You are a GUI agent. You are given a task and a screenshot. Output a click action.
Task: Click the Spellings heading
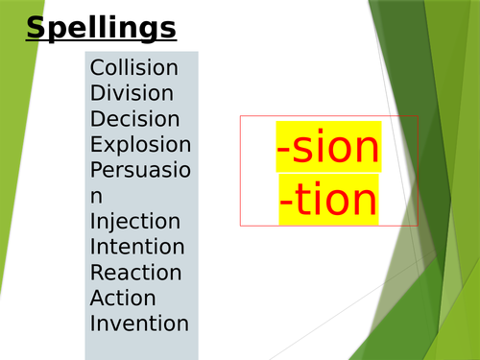pos(101,28)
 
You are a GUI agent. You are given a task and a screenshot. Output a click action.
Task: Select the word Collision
pos(133,68)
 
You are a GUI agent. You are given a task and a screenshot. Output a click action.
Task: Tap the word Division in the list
pos(132,93)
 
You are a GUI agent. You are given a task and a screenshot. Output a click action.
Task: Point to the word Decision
pos(134,119)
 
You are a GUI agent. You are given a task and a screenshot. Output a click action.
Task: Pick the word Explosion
pos(140,145)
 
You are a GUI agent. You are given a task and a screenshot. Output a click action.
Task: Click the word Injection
pos(134,222)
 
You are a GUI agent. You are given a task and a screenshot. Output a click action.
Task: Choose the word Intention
pos(137,247)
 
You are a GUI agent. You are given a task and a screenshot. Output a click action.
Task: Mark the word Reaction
pos(135,273)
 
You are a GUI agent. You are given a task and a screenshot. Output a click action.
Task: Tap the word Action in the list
pos(123,298)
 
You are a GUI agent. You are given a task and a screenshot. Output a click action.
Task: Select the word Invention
pos(139,324)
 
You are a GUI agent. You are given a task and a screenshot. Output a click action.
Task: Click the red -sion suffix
pos(328,148)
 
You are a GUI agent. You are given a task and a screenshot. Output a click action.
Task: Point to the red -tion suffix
pos(328,200)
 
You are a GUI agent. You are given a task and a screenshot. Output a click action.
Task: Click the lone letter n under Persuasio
pos(96,197)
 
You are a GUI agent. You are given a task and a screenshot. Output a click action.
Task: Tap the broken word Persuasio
pos(140,170)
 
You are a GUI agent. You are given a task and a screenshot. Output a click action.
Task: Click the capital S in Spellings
pos(37,28)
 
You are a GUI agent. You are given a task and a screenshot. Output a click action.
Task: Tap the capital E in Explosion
pos(96,145)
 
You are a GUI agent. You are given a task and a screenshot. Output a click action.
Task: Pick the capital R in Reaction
pos(97,273)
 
